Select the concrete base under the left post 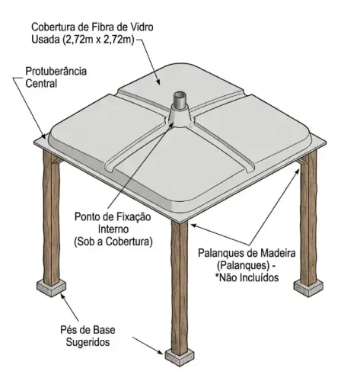pos(52,288)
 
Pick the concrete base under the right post pos(308,288)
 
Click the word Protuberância pos(56,71)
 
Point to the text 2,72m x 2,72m pos(98,40)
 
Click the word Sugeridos pos(88,342)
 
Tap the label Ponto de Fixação pos(113,216)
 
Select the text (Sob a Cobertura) pos(113,242)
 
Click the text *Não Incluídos pos(247,277)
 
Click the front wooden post pos(180,287)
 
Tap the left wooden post pos(52,218)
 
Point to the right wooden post pos(308,219)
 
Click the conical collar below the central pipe pos(180,116)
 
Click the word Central pos(41,84)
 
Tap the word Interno pos(113,229)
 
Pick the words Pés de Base pos(88,330)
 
